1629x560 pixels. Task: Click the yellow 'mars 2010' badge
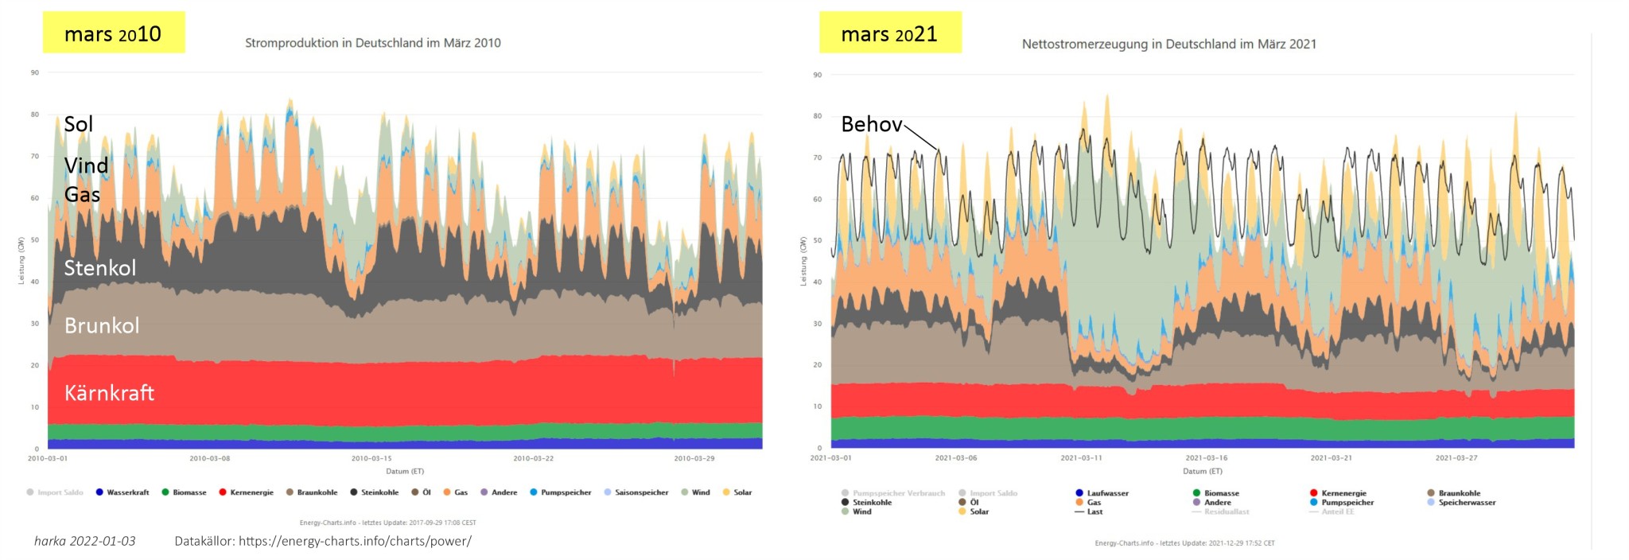point(113,33)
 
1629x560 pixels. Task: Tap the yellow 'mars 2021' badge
point(889,33)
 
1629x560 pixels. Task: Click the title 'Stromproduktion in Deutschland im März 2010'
point(373,43)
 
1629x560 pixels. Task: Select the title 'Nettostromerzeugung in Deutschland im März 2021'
point(1168,45)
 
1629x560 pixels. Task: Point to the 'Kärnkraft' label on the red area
point(109,393)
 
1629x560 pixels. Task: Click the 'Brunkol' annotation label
point(102,325)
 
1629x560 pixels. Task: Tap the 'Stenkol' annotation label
point(100,268)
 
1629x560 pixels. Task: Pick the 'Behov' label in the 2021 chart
point(872,124)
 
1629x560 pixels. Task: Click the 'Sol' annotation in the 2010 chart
point(79,124)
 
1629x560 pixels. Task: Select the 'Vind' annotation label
point(86,165)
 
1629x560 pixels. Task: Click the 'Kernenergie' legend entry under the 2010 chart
point(251,492)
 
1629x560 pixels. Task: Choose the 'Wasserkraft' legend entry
point(127,492)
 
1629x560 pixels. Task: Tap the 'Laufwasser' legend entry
point(1107,493)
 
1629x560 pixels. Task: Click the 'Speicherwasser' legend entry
point(1467,503)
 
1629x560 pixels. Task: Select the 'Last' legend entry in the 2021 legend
point(1094,511)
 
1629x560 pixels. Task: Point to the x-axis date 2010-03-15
point(371,459)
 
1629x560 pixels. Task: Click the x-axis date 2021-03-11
point(1081,458)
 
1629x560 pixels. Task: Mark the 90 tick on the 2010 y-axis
point(35,72)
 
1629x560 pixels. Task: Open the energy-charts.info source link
point(355,541)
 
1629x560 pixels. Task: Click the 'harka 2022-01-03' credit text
point(85,541)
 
